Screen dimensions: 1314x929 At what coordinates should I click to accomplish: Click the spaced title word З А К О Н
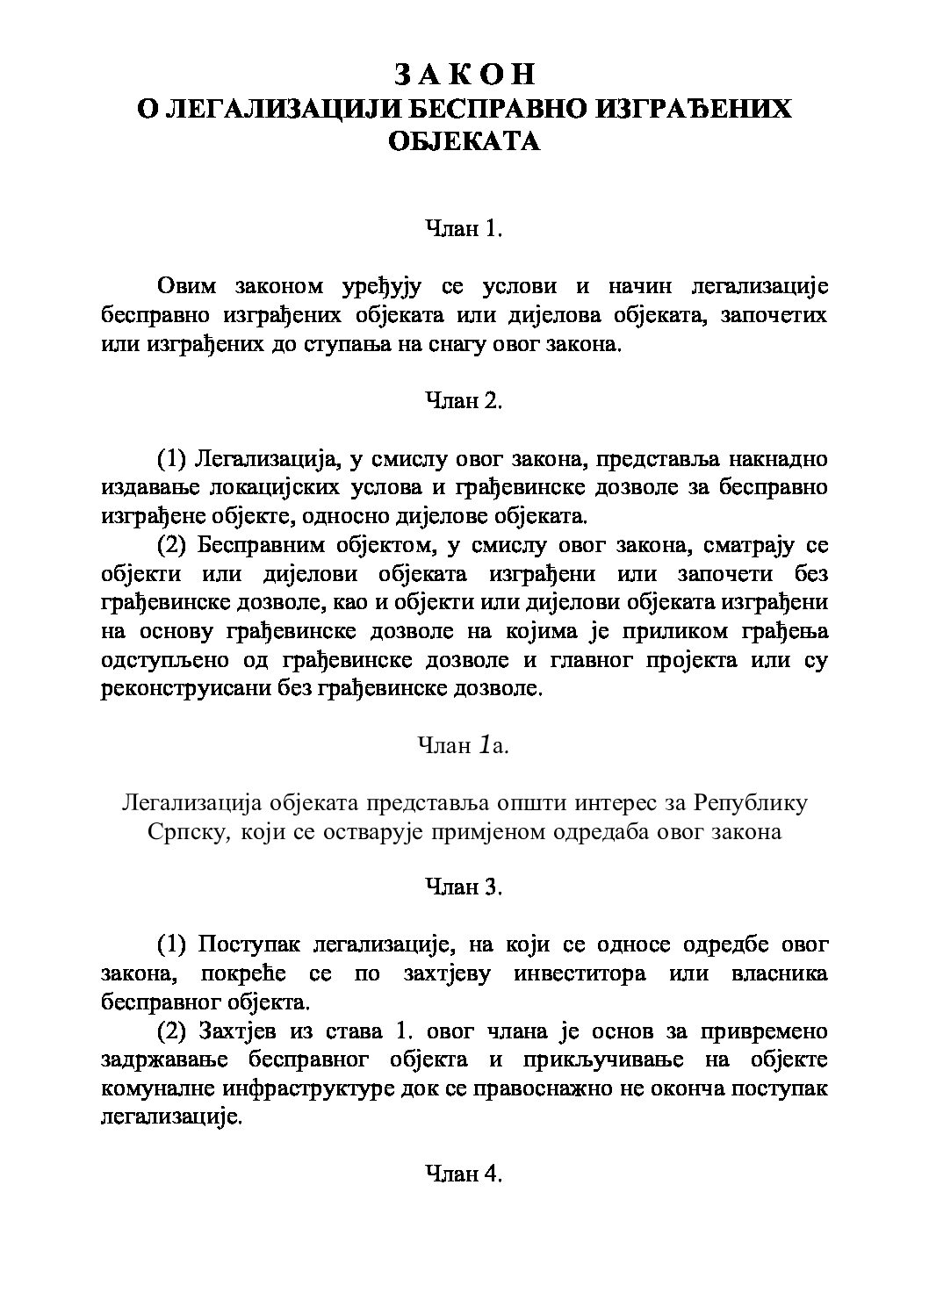coord(464,75)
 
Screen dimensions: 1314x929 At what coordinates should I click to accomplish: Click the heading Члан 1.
coord(464,229)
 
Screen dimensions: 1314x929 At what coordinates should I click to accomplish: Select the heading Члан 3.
coord(464,887)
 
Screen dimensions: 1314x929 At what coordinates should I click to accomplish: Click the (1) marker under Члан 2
coord(172,458)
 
